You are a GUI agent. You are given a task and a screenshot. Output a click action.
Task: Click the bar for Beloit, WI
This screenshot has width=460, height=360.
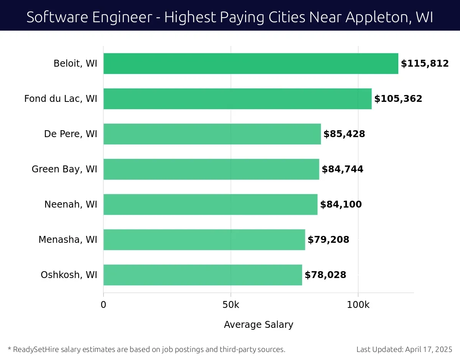[x=251, y=64]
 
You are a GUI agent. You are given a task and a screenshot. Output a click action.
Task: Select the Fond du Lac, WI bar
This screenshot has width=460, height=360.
[x=237, y=99]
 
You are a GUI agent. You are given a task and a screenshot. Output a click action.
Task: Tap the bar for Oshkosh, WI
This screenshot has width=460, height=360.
[x=202, y=275]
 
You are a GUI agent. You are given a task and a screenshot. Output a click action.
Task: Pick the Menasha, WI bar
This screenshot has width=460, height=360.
[x=204, y=240]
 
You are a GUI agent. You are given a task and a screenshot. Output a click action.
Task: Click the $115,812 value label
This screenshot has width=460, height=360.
[x=425, y=64]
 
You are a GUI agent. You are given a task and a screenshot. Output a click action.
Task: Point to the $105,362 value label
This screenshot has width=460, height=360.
[x=398, y=99]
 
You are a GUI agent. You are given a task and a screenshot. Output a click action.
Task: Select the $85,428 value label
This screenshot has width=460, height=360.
[x=344, y=134]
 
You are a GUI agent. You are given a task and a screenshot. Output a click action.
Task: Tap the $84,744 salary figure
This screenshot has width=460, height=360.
[x=342, y=169]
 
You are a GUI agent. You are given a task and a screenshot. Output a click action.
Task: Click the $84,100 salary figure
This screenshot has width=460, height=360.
[x=341, y=205]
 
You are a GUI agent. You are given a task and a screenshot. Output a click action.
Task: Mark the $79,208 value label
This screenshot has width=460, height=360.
[x=328, y=240]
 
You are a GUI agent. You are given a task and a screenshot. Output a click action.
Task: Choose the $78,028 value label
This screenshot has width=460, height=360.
[x=325, y=275]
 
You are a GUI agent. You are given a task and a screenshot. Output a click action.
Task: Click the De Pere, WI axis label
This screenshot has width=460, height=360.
[x=71, y=134]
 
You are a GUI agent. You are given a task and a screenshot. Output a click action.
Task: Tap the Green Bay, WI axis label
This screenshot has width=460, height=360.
[x=64, y=169]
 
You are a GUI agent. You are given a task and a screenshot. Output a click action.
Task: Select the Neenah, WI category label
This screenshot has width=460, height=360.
[x=71, y=205]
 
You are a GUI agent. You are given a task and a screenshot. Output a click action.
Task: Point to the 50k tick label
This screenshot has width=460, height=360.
[x=231, y=305]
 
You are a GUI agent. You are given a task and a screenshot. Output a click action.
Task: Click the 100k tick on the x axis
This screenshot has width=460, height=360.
[x=358, y=305]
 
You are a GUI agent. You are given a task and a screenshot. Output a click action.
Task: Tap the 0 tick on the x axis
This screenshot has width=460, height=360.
[x=103, y=305]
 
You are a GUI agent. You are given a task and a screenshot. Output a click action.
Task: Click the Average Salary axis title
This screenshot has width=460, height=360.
[x=258, y=325]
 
